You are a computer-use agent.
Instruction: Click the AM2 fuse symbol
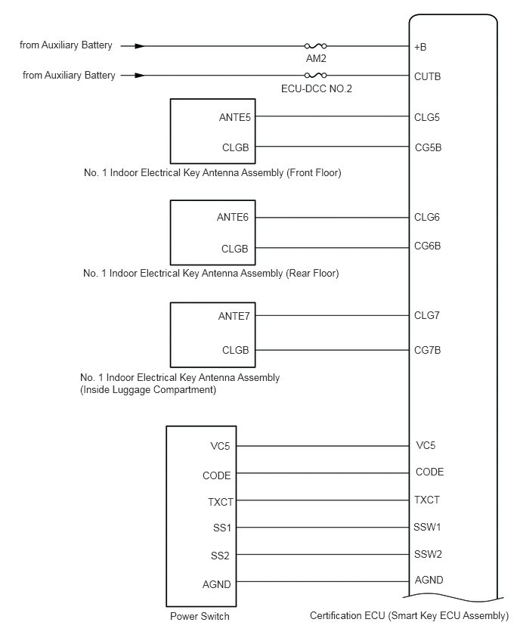pyautogui.click(x=314, y=46)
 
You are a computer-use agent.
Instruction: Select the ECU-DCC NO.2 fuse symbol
pyautogui.click(x=314, y=76)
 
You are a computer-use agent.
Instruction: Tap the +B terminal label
pyautogui.click(x=421, y=47)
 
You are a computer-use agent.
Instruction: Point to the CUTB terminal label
pyautogui.click(x=427, y=76)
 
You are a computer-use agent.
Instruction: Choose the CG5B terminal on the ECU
pyautogui.click(x=427, y=147)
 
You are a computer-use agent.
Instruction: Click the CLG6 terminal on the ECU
pyautogui.click(x=426, y=218)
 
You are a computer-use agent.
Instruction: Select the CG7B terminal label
pyautogui.click(x=427, y=350)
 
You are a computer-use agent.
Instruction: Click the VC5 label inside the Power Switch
pyautogui.click(x=221, y=446)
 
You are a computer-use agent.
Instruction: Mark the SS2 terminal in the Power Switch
pyautogui.click(x=221, y=556)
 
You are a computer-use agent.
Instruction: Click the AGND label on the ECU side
pyautogui.click(x=429, y=580)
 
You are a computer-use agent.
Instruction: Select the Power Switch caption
pyautogui.click(x=200, y=616)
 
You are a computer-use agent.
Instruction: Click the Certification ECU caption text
pyautogui.click(x=409, y=616)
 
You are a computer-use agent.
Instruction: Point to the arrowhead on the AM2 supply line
pyautogui.click(x=139, y=46)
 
